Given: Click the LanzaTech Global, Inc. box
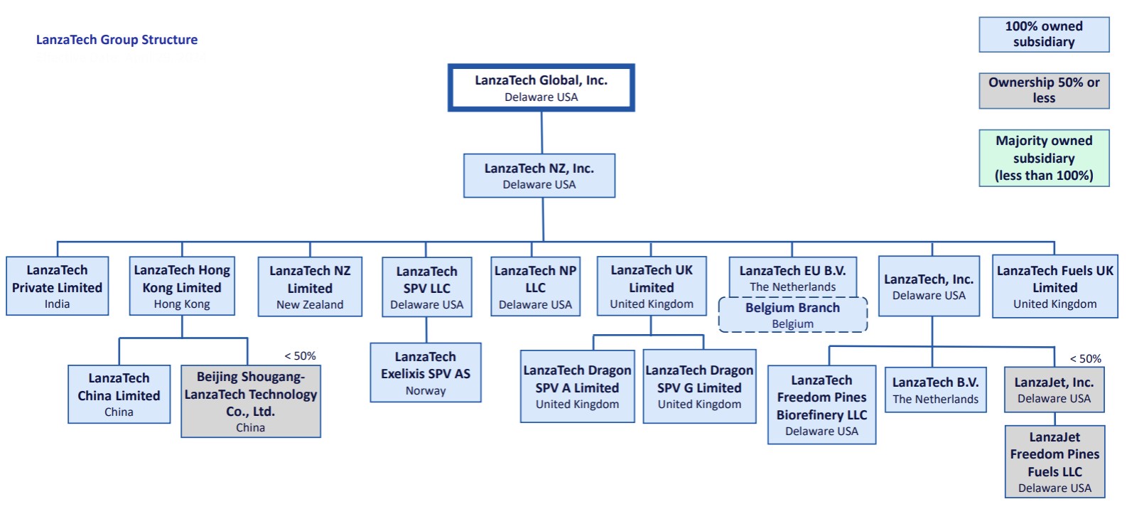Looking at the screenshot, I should (541, 88).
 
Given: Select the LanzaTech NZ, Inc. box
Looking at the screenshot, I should (539, 176).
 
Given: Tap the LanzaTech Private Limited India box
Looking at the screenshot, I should (58, 287).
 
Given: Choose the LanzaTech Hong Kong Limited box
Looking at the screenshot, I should (182, 287).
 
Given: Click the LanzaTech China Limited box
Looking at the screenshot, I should (119, 395).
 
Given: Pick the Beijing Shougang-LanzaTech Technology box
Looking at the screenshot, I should (250, 402).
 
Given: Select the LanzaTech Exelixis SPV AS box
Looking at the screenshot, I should (426, 373).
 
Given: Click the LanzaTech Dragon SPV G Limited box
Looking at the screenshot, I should (699, 387).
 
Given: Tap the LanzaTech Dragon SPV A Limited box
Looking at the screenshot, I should (577, 387).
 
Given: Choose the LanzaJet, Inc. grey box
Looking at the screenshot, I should (1054, 390).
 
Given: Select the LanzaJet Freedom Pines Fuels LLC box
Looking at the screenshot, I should (1055, 461).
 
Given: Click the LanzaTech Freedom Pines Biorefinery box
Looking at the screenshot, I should (821, 405).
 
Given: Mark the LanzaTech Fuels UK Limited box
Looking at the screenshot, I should (1055, 287).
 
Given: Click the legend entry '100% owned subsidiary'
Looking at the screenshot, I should (1044, 34).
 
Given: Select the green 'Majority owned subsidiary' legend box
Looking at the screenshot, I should (1044, 158).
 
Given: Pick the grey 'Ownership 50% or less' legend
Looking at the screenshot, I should (1044, 90).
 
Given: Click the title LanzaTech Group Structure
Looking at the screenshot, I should (117, 40).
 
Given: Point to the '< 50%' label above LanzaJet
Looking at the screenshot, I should (1085, 359).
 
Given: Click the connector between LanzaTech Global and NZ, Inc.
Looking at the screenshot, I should (541, 132).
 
